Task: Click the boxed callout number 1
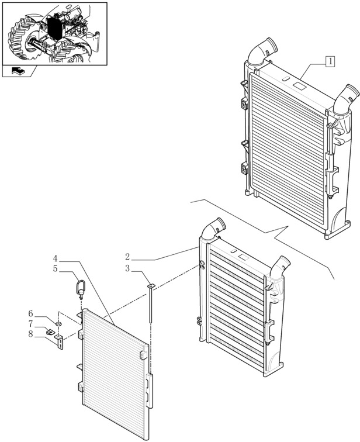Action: click(x=330, y=60)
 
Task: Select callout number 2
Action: click(x=127, y=257)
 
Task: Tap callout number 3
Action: click(x=127, y=270)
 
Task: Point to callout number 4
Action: click(x=55, y=258)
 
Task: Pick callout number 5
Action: click(x=55, y=270)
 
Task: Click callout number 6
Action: click(x=47, y=314)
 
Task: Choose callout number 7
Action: click(x=47, y=323)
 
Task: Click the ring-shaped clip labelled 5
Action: click(x=80, y=288)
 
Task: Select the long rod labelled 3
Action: click(x=151, y=304)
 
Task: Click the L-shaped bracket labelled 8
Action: click(x=60, y=341)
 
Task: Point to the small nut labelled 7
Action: click(x=51, y=331)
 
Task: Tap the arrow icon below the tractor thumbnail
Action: click(x=18, y=72)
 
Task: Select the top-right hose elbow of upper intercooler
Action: click(x=347, y=96)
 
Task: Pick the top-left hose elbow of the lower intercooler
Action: click(x=213, y=227)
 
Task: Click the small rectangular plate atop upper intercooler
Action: click(x=299, y=86)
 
